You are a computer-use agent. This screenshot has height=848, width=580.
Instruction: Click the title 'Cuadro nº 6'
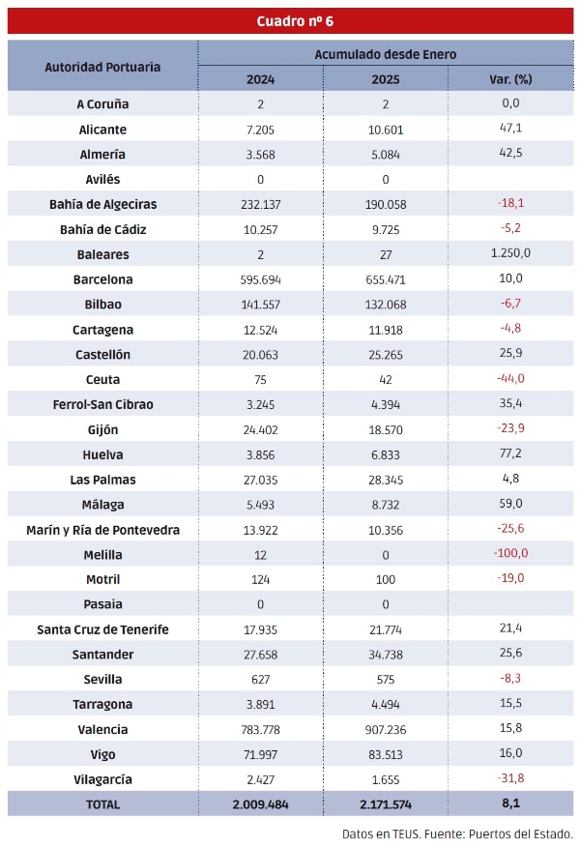point(295,21)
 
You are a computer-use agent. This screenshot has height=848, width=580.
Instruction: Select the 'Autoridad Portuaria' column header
point(102,67)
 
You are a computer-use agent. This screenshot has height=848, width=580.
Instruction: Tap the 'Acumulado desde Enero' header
point(385,54)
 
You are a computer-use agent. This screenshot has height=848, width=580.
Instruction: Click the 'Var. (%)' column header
point(511,79)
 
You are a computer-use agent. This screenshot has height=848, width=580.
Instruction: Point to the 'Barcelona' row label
point(102,279)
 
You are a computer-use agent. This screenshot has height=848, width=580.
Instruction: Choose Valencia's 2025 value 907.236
point(386,730)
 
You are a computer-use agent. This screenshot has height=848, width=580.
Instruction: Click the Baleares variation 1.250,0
point(511,254)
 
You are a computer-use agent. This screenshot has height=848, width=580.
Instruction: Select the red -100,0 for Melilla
point(511,553)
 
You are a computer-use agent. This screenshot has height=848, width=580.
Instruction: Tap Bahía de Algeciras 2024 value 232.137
point(260,205)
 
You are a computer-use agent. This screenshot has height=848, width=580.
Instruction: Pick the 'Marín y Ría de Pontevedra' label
point(102,530)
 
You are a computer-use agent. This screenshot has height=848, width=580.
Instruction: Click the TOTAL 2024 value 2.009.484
point(260,804)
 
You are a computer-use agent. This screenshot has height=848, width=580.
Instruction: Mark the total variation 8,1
point(511,804)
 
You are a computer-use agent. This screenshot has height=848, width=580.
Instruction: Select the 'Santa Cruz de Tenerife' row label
point(102,629)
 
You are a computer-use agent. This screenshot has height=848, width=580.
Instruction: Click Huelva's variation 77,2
point(511,454)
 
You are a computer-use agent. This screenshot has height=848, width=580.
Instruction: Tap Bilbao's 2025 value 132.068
point(386,305)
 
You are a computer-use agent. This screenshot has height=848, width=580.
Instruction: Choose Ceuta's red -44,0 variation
point(511,379)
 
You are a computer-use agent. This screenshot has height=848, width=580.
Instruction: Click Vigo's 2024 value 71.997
point(260,754)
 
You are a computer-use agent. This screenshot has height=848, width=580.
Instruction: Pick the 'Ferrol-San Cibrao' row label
point(102,404)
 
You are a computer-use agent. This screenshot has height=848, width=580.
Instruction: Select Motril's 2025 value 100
point(386,579)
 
